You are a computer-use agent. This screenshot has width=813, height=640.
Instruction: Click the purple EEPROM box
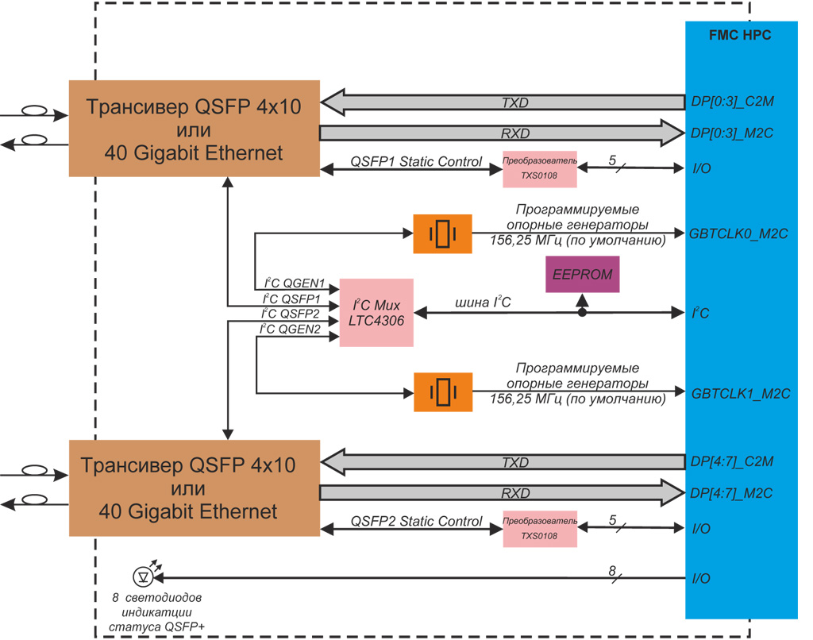pos(583,275)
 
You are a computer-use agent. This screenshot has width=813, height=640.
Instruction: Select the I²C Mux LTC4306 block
pos(376,312)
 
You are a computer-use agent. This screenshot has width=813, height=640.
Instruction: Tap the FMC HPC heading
pos(739,35)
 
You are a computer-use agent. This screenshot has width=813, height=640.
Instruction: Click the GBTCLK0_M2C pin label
pos(739,233)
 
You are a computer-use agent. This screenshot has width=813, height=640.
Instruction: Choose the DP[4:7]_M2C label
pos(731,493)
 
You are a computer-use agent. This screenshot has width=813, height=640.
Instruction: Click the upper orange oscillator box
pos(442,233)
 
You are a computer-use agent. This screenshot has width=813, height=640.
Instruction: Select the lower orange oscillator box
pos(442,391)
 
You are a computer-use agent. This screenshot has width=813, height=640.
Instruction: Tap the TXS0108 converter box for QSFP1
pos(540,169)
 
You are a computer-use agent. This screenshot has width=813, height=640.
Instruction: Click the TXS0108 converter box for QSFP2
pos(540,528)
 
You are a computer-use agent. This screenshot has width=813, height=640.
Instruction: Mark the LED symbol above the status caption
pos(144,575)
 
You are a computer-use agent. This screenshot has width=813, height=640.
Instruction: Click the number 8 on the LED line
pos(612,570)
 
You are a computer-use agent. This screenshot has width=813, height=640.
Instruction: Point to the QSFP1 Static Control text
pos(416,162)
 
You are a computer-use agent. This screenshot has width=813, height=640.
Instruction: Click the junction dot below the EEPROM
pos(582,313)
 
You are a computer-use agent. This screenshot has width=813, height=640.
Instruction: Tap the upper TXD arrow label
pos(514,102)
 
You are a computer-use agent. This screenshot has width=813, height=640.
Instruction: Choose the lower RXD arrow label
pos(514,493)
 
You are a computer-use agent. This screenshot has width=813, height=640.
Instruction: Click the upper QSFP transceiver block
pos(195,128)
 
